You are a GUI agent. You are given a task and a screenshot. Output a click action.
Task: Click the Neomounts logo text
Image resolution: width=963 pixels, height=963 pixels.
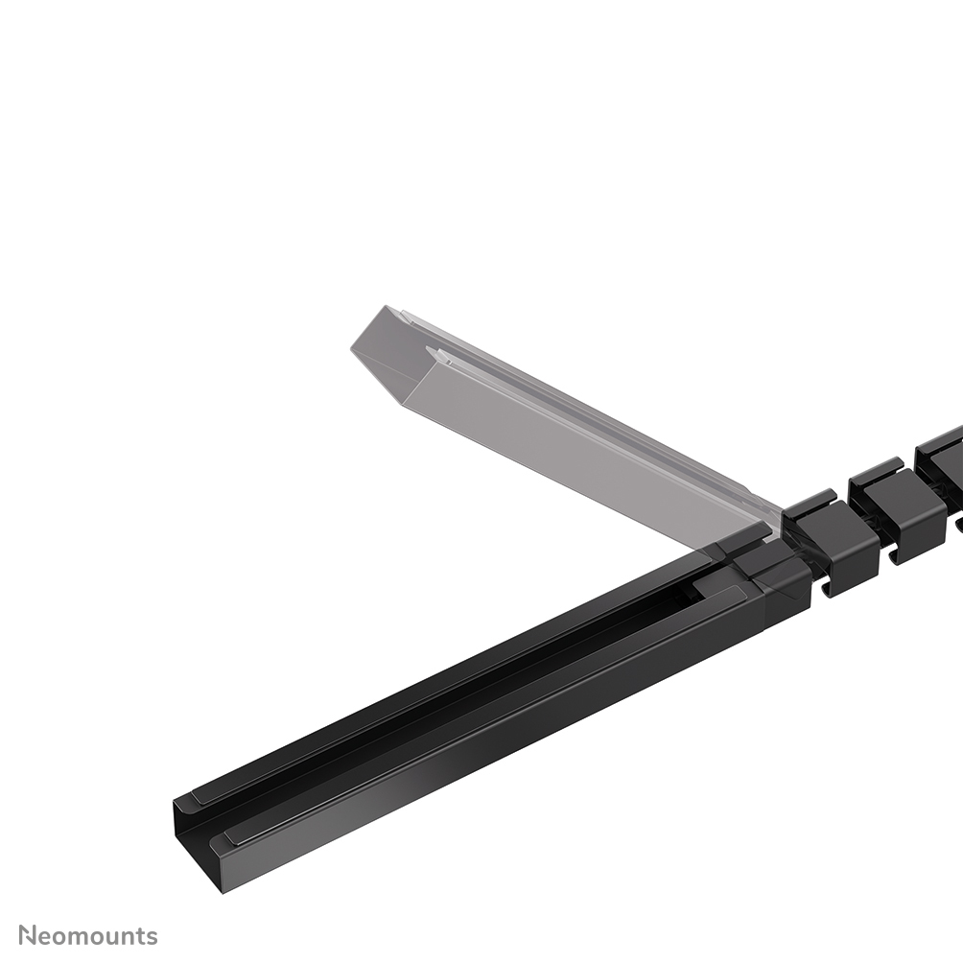[x=88, y=935]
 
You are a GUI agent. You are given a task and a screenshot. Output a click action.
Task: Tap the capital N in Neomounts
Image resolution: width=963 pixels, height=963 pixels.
[x=28, y=935]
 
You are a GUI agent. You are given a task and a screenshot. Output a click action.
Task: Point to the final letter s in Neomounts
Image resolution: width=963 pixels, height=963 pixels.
[x=152, y=936]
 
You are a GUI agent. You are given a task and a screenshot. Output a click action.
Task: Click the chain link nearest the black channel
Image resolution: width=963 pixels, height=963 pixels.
[x=831, y=542]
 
